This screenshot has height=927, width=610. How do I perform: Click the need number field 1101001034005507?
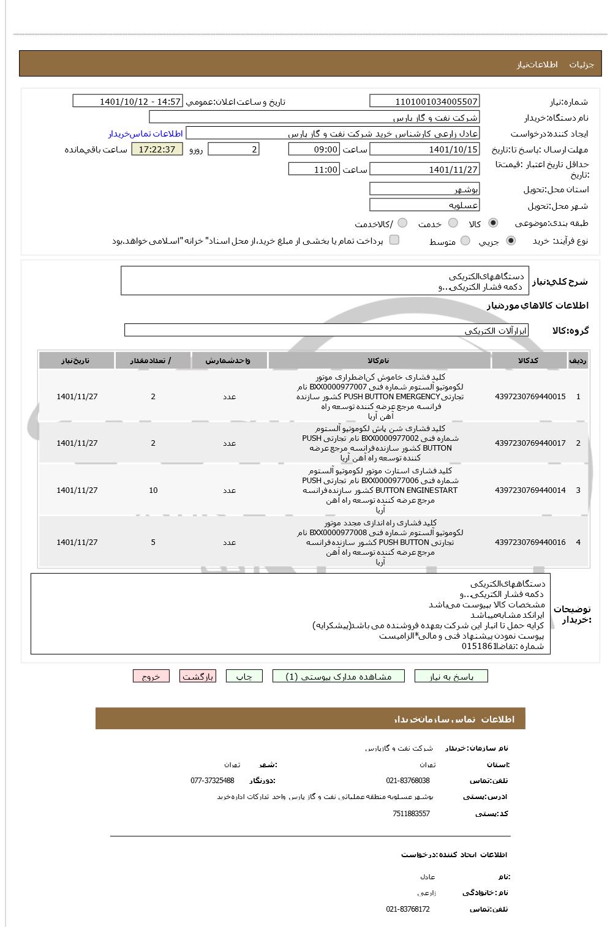click(424, 102)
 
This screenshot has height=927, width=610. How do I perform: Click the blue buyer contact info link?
click(146, 133)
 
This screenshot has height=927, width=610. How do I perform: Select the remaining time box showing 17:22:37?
click(157, 149)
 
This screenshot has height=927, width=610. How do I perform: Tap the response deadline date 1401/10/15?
click(424, 149)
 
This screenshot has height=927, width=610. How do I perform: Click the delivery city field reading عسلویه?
click(424, 205)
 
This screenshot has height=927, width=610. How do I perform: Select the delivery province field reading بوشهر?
click(424, 189)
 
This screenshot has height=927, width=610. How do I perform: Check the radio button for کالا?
click(493, 223)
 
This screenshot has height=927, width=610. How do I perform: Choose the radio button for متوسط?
click(465, 241)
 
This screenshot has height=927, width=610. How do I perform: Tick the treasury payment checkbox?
click(394, 240)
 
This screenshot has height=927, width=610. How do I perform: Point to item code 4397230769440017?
click(530, 443)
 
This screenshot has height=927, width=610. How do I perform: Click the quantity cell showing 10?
click(153, 490)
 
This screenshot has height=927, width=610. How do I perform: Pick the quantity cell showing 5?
click(153, 542)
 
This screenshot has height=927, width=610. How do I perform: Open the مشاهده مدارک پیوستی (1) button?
click(339, 676)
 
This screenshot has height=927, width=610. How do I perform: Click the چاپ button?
click(244, 676)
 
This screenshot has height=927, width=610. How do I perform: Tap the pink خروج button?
click(151, 676)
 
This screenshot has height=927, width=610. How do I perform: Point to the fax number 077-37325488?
click(213, 781)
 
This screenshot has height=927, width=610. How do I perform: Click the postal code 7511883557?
click(411, 814)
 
